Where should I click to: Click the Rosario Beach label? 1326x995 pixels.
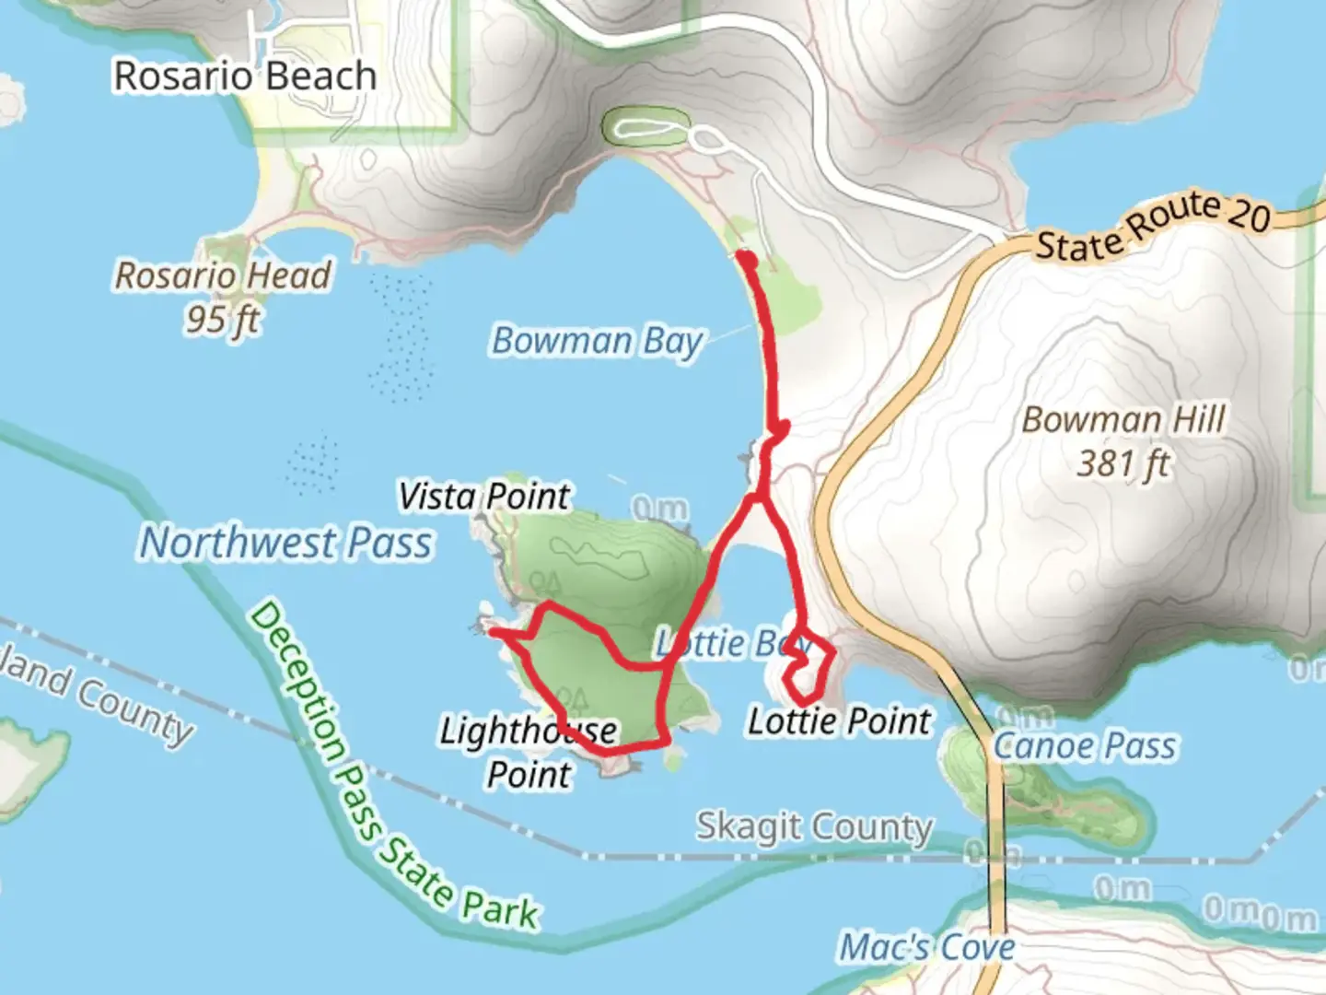(245, 76)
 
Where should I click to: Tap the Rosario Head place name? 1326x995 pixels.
(223, 275)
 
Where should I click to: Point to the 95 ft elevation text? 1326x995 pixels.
(223, 320)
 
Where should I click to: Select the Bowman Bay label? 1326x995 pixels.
(597, 341)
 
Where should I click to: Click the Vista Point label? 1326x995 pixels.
(484, 497)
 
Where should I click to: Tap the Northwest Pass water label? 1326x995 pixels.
(285, 543)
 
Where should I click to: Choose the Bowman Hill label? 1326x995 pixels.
(1123, 420)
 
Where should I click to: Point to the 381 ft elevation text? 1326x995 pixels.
(1123, 463)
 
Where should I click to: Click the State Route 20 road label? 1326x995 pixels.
(1153, 226)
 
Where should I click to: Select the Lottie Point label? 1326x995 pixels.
(839, 721)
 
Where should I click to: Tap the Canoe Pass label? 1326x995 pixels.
(1085, 745)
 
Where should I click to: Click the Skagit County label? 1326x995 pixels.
(815, 826)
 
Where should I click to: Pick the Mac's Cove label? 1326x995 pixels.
(927, 947)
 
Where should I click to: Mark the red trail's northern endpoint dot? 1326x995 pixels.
(748, 261)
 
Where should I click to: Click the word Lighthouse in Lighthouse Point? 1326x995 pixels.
(528, 732)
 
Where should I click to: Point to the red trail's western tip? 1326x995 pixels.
(493, 631)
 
